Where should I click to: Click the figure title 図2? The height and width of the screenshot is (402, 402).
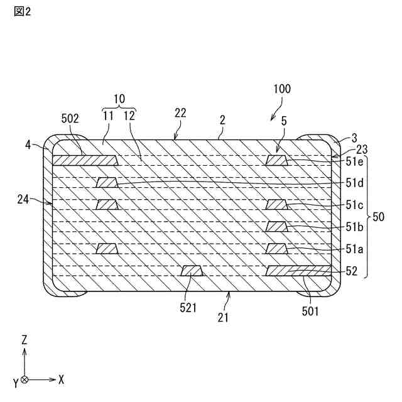click(x=22, y=13)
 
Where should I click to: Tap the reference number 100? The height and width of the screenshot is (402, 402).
click(x=282, y=89)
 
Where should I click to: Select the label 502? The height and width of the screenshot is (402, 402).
click(x=70, y=117)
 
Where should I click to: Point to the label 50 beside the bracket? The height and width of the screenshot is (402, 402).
click(x=379, y=217)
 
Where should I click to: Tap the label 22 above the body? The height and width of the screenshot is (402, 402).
click(x=180, y=113)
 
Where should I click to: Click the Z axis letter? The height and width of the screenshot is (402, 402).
click(x=24, y=340)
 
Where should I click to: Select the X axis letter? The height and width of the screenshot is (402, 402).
click(x=60, y=380)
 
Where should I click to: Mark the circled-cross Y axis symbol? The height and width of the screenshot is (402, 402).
click(x=24, y=380)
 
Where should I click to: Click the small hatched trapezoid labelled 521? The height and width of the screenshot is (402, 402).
click(x=192, y=271)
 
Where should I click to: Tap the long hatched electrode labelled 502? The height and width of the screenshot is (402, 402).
click(x=84, y=161)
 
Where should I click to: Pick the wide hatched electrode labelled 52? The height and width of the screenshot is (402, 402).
click(x=298, y=271)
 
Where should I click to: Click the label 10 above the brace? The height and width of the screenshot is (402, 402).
click(x=119, y=99)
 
